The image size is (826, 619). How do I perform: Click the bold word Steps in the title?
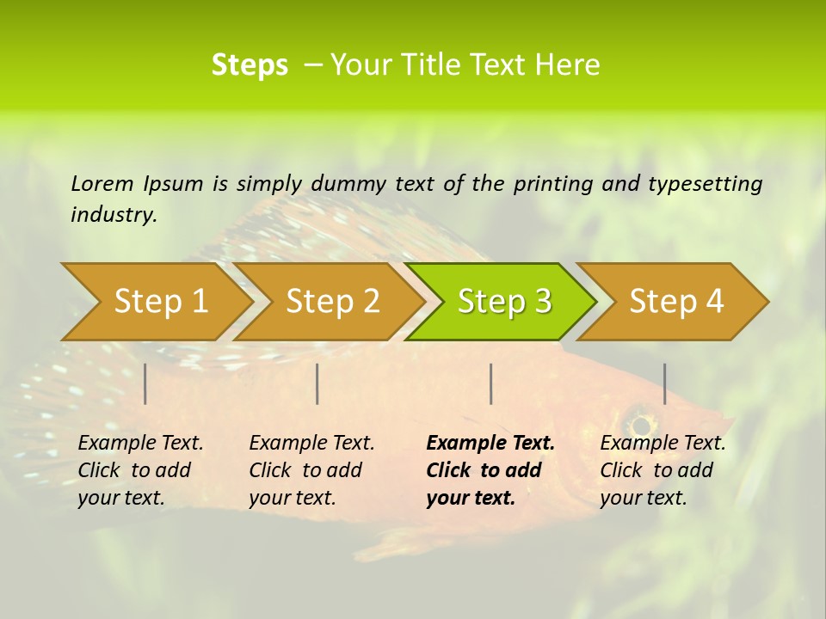[250, 65]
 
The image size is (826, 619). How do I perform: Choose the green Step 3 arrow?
[504, 301]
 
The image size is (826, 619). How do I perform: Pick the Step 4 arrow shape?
[676, 301]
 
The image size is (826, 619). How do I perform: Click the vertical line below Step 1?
[145, 383]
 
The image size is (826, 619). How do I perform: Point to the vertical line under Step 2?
[317, 383]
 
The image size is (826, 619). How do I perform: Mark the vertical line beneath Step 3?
[490, 383]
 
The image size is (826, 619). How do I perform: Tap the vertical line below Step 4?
[664, 383]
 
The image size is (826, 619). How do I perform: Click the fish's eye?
[639, 423]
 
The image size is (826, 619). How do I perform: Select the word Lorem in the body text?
[102, 183]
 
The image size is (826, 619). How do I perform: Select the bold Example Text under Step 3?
[490, 444]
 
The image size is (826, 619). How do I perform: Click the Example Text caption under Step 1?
[140, 444]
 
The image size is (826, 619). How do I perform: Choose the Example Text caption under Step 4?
[663, 444]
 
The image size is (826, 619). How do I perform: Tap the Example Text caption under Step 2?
[311, 444]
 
